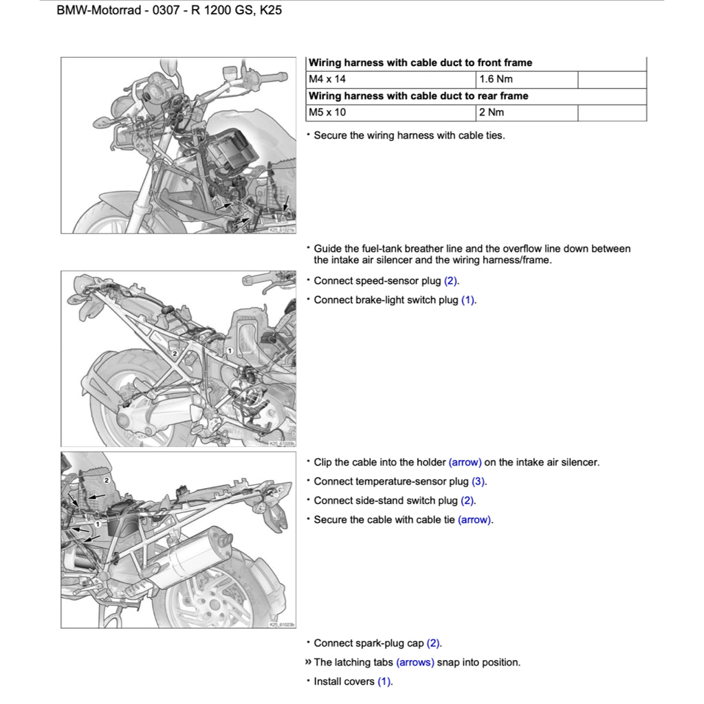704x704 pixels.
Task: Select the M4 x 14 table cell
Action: tap(327, 79)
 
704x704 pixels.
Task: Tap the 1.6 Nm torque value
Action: tap(496, 79)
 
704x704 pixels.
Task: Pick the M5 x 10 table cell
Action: tap(327, 112)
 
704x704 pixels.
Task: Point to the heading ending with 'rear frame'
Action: tap(418, 96)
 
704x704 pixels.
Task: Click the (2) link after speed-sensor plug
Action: tap(450, 280)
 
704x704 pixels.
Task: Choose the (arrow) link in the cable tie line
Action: tap(474, 520)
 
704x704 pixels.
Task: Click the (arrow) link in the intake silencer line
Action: tap(465, 462)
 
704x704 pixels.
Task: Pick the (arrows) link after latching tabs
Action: tap(415, 662)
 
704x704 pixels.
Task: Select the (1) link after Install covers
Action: tap(384, 681)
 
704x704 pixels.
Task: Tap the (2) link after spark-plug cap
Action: tap(433, 643)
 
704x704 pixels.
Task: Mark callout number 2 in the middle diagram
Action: tap(175, 353)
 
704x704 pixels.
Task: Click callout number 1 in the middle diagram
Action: tap(230, 351)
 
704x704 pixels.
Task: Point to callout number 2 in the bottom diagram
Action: tap(107, 479)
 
